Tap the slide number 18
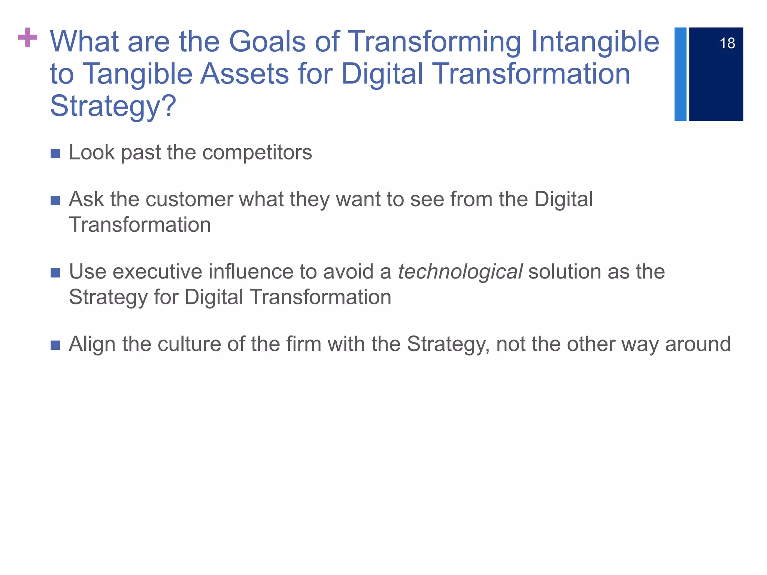pyautogui.click(x=727, y=43)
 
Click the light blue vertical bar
pyautogui.click(x=680, y=74)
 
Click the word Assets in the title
pyautogui.click(x=245, y=74)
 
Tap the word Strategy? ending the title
pyautogui.click(x=113, y=106)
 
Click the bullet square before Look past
pyautogui.click(x=55, y=153)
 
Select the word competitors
pyautogui.click(x=257, y=153)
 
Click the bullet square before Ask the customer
pyautogui.click(x=55, y=200)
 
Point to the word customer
pyautogui.click(x=189, y=199)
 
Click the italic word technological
pyautogui.click(x=460, y=272)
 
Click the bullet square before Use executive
pyautogui.click(x=55, y=273)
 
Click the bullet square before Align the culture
pyautogui.click(x=55, y=345)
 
